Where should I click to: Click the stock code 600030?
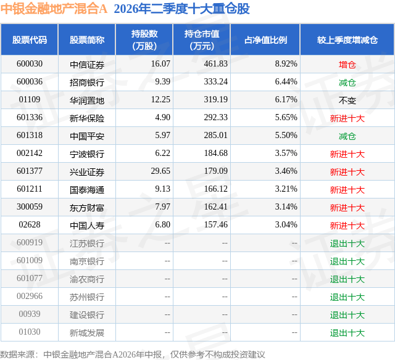[x=30, y=64]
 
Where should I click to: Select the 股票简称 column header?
[x=87, y=39]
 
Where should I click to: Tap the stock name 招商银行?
[x=87, y=82]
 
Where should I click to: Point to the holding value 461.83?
[x=215, y=64]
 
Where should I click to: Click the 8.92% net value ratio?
[x=286, y=64]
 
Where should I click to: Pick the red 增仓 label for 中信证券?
[x=347, y=65]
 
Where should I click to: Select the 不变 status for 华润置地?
[x=347, y=100]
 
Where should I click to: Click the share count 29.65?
[x=160, y=171]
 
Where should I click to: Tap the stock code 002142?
[x=30, y=153]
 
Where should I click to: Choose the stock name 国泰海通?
[x=87, y=190]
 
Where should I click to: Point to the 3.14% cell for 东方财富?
[x=286, y=207]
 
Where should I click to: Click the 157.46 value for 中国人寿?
[x=215, y=224]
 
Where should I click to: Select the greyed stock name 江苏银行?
[x=87, y=243]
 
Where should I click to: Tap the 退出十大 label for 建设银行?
[x=347, y=315]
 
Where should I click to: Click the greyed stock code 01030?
[x=30, y=332]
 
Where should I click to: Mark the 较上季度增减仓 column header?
[x=347, y=39]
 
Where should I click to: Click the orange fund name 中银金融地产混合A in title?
[x=54, y=9]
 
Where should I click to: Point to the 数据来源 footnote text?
[x=133, y=354]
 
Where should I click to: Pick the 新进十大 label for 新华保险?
[x=347, y=118]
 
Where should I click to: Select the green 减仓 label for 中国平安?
[x=347, y=136]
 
